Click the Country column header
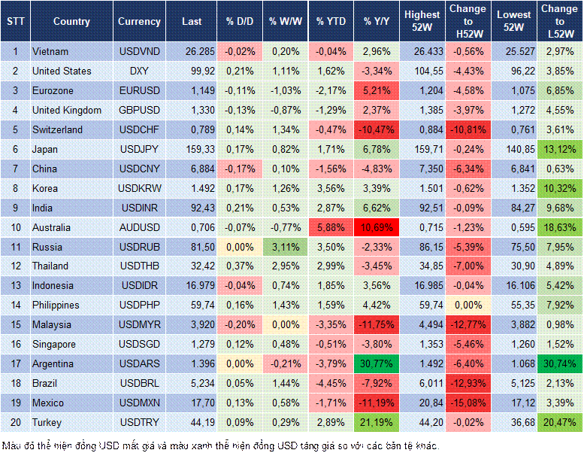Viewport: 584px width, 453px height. [x=71, y=22]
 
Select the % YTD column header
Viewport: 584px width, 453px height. [x=331, y=22]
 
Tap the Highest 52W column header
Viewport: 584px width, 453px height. [x=422, y=22]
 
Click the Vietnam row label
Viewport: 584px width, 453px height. [x=51, y=51]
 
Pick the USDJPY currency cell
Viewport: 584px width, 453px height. [x=139, y=149]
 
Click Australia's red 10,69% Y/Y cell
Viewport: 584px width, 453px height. [x=377, y=227]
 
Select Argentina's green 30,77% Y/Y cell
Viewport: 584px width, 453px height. [x=377, y=363]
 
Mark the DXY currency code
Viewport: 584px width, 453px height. [x=139, y=71]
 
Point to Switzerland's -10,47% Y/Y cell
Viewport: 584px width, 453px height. [x=377, y=129]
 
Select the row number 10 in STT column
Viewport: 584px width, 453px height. [x=15, y=227]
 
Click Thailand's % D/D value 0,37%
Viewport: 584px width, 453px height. [x=239, y=266]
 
